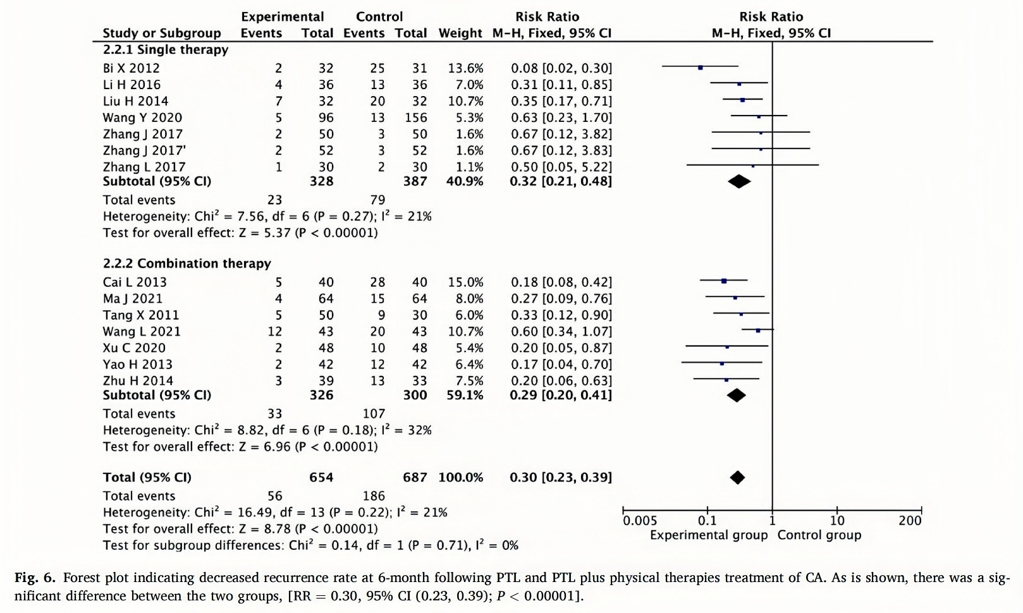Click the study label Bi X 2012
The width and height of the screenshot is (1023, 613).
[131, 68]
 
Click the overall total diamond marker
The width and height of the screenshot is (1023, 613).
[737, 478]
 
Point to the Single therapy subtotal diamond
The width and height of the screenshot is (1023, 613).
[739, 181]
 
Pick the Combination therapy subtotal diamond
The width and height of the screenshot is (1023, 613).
[736, 396]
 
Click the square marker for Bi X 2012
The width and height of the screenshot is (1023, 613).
[700, 67]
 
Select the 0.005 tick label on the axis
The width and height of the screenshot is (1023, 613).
[639, 521]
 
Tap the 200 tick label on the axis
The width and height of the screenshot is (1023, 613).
[909, 521]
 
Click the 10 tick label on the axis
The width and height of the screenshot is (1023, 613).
[836, 521]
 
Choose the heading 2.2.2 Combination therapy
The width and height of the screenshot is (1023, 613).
[187, 264]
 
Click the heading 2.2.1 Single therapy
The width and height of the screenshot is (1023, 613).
[166, 49]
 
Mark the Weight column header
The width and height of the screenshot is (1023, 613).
[460, 33]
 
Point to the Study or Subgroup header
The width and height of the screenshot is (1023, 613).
[162, 33]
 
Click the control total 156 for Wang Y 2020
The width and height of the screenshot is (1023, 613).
[416, 118]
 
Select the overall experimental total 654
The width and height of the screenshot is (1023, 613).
[321, 478]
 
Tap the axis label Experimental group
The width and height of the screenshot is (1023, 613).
[708, 535]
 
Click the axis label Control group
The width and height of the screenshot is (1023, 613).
[819, 535]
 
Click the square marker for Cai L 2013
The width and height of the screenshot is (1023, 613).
[724, 281]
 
